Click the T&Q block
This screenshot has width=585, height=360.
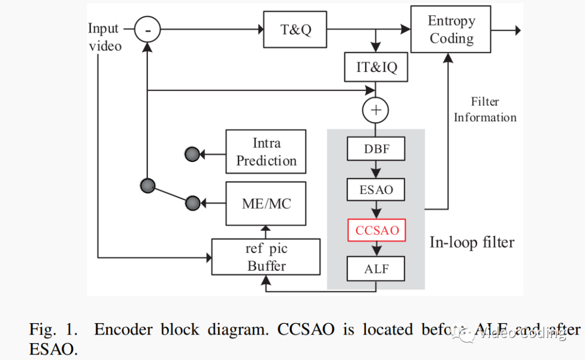[x=295, y=29]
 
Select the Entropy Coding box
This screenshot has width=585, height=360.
[x=451, y=29]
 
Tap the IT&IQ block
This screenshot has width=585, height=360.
[x=376, y=67]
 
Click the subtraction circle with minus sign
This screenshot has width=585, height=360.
[x=147, y=30]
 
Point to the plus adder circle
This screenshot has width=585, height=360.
[x=376, y=110]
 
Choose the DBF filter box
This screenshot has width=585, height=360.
[x=376, y=148]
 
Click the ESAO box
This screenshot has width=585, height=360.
[x=376, y=189]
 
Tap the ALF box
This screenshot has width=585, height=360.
[x=376, y=268]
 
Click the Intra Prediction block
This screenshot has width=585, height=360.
[x=266, y=152]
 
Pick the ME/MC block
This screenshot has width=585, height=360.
[x=266, y=204]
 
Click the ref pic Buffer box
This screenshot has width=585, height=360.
[x=266, y=257]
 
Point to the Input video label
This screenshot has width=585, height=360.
[x=105, y=37]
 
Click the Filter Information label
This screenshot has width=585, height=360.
[x=485, y=109]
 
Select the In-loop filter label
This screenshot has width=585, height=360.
[x=472, y=242]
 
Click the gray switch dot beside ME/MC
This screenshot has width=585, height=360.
[x=193, y=204]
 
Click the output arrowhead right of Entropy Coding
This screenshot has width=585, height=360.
[x=517, y=30]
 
